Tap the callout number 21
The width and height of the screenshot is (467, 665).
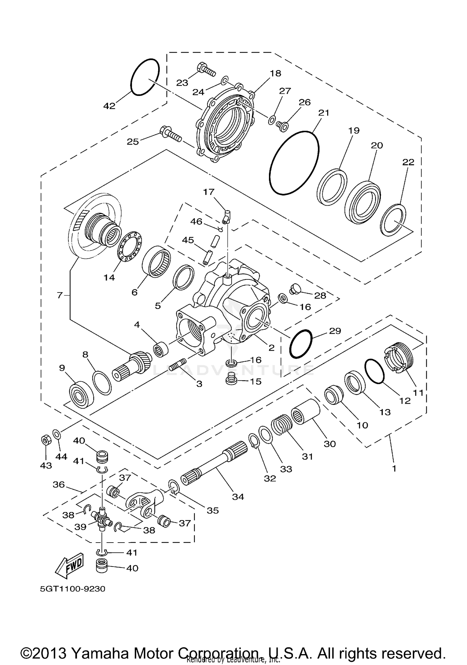(x=324, y=112)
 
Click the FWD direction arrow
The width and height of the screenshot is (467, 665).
(x=70, y=563)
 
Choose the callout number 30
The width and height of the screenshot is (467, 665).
(x=330, y=444)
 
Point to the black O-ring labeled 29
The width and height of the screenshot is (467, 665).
(x=300, y=344)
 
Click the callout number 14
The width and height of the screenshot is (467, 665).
(x=109, y=277)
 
